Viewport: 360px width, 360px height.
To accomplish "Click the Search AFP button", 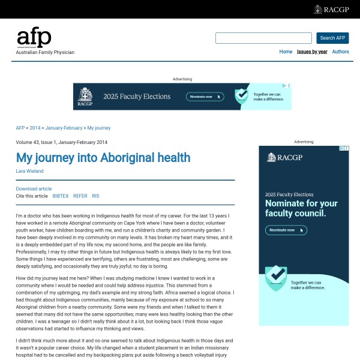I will tap(332, 38).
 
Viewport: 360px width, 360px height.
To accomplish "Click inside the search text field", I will tap(263, 38).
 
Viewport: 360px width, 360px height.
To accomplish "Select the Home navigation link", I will tap(286, 52).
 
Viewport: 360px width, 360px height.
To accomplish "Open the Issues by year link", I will tap(312, 52).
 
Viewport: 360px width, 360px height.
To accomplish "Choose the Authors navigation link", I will tap(340, 52).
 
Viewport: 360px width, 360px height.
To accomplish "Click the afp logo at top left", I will tap(34, 38).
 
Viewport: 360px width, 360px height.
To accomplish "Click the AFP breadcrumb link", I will tap(20, 128).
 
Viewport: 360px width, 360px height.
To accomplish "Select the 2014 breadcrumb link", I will tap(35, 128).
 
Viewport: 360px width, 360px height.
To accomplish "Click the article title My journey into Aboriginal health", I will tap(103, 158).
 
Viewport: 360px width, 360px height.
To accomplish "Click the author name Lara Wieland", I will tap(29, 171).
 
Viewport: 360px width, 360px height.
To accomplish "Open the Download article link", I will tap(34, 188).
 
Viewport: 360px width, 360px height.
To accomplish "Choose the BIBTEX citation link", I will tap(61, 196).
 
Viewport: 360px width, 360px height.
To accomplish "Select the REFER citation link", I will tap(80, 196).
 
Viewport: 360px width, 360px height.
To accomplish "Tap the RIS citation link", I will tap(95, 196).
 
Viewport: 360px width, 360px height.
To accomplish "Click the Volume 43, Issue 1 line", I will tap(62, 142).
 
